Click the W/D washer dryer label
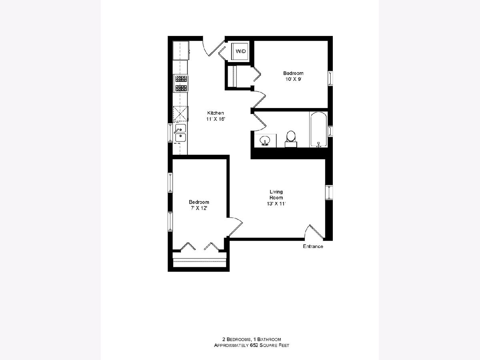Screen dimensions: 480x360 241,51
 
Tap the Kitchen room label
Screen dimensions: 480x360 215,113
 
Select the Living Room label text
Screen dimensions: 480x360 276,194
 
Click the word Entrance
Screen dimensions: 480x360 313,246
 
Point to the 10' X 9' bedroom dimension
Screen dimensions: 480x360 293,79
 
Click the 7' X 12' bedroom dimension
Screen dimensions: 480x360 199,208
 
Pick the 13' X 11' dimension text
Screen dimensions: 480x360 276,204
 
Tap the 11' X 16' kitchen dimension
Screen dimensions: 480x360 215,119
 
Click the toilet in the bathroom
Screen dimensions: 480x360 291,139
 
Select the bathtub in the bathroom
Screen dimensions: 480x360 318,130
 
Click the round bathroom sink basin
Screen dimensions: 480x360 265,140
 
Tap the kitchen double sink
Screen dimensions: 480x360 180,133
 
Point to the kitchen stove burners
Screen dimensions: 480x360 181,84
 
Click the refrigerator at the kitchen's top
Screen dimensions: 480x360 181,50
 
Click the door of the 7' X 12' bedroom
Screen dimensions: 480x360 235,227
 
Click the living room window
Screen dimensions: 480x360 329,192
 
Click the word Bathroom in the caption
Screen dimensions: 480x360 269,340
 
